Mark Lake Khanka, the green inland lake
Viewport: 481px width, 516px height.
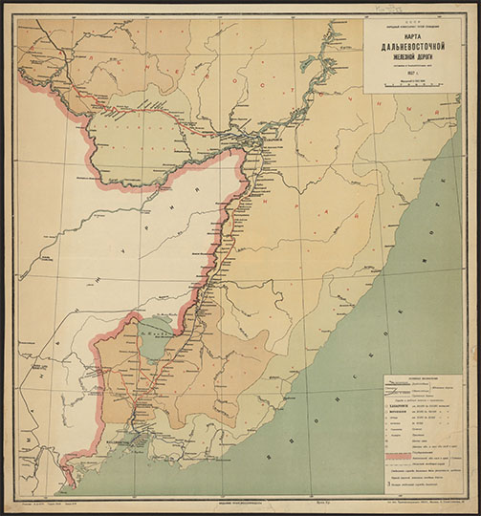click(x=152, y=335)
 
